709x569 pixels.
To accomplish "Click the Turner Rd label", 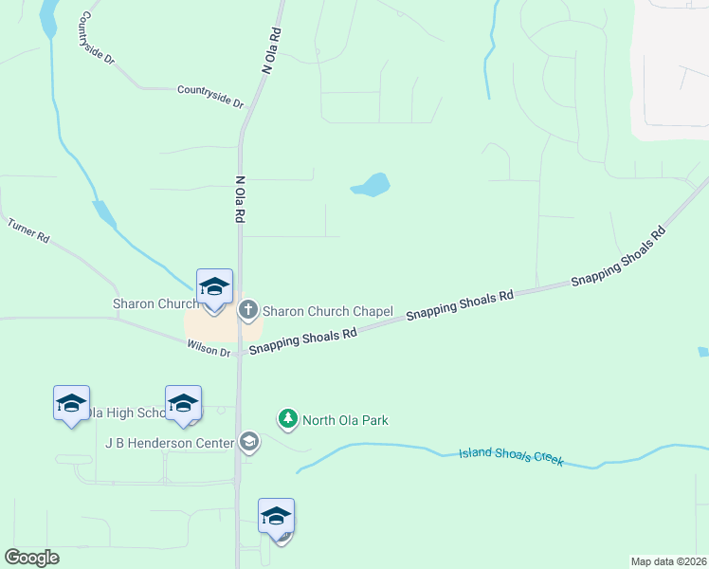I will point(28,230).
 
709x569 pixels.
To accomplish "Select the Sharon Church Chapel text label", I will point(327,310).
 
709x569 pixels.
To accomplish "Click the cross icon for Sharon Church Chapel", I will point(248,309).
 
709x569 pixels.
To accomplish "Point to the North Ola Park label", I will point(346,420).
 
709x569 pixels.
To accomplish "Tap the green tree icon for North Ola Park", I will point(287,418).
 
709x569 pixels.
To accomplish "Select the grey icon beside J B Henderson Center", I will point(248,441).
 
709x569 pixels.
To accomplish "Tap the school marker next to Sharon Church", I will point(214,287).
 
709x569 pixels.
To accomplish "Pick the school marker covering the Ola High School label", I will point(183,404).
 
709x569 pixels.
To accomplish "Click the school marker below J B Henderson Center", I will point(276,517).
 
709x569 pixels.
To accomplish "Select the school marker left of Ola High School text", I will point(71,404).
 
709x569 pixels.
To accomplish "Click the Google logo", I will point(31,558).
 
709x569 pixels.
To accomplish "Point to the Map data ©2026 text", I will point(668,560).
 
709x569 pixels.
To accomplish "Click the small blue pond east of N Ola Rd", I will point(373,185).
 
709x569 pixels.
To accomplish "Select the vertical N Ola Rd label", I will point(240,199).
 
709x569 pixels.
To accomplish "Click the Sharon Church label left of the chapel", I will point(155,304).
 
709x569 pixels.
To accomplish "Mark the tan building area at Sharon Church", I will point(222,328).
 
